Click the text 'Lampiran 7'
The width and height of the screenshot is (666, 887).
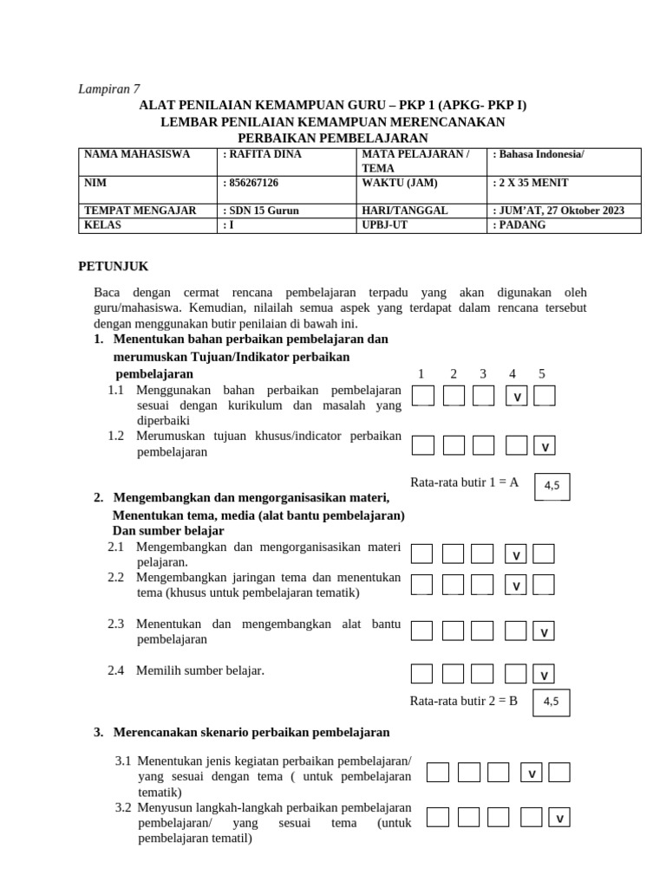[109, 88]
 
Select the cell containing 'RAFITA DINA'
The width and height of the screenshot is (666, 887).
[287, 155]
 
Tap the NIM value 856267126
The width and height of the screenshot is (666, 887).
[287, 184]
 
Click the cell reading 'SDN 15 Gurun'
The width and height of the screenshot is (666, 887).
[287, 210]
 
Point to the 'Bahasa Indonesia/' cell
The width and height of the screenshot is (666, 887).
[565, 155]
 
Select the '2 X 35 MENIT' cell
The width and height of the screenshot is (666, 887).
[565, 184]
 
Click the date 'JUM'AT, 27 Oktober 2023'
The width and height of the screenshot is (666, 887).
[565, 210]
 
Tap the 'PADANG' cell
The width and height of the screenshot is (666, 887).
[565, 225]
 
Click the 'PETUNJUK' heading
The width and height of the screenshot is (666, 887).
[114, 267]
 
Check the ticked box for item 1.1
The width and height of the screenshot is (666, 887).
[516, 397]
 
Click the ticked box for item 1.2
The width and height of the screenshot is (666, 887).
[545, 446]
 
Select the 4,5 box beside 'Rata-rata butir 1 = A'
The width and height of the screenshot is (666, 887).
[552, 486]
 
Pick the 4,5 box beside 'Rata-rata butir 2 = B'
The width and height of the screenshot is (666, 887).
[552, 702]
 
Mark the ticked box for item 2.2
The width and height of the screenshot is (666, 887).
[516, 586]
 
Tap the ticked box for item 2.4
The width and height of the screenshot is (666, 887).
[545, 674]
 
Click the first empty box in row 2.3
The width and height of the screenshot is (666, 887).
[421, 631]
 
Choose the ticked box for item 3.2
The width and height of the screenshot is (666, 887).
[560, 818]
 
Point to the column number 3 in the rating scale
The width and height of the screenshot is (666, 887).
[483, 374]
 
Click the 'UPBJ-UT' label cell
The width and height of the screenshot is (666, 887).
[421, 225]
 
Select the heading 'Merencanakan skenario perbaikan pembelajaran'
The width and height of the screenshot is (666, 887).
[251, 733]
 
